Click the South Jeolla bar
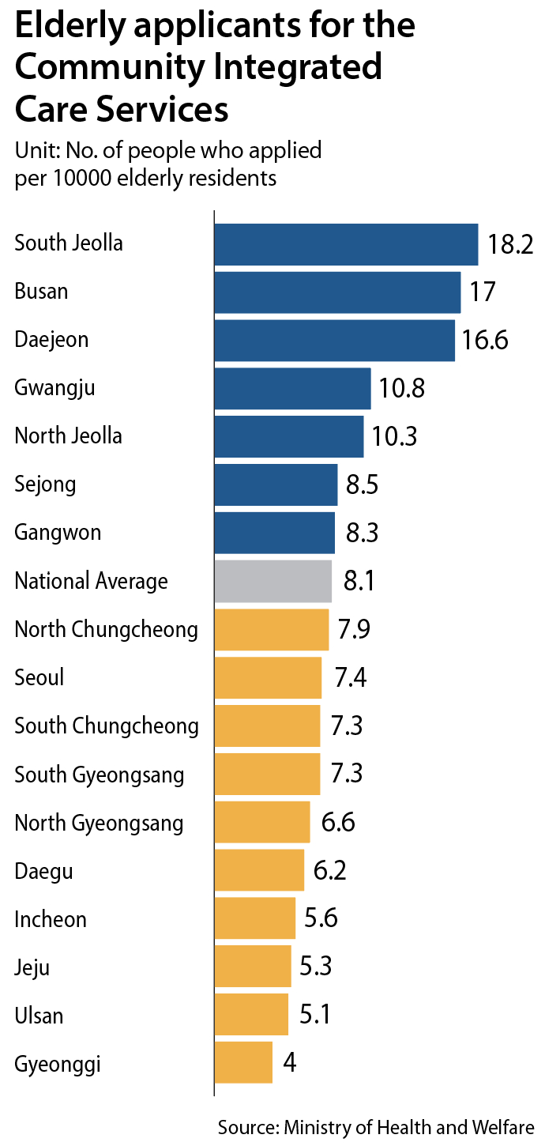pyautogui.click(x=346, y=245)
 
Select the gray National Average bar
pyautogui.click(x=272, y=582)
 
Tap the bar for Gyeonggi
pyautogui.click(x=243, y=1063)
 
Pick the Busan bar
pyautogui.click(x=337, y=292)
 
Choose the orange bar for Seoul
pyautogui.click(x=268, y=678)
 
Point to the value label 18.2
pyautogui.click(x=510, y=244)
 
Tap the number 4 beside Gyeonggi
pyautogui.click(x=290, y=1063)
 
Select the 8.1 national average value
pyautogui.click(x=359, y=582)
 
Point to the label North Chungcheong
pyautogui.click(x=107, y=630)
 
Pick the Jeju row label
pyautogui.click(x=32, y=967)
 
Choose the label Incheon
pyautogui.click(x=51, y=919)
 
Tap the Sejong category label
pyautogui.click(x=45, y=484)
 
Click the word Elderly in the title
pyautogui.click(x=60, y=27)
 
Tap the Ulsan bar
pyautogui.click(x=251, y=1015)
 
